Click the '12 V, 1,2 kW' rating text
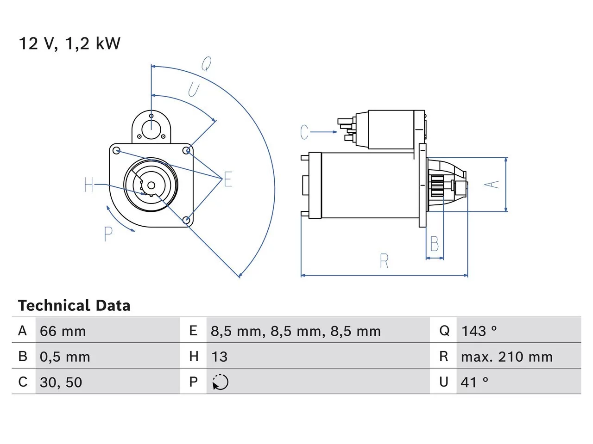click(x=69, y=43)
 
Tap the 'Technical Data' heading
click(x=74, y=306)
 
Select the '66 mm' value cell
click(x=63, y=331)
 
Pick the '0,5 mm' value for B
click(x=65, y=357)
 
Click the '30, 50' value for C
click(x=61, y=382)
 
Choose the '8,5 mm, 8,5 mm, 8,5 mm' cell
click(x=296, y=331)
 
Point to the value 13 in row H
click(x=219, y=357)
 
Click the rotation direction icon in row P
click(x=220, y=382)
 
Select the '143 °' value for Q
click(x=479, y=331)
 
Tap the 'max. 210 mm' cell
click(x=506, y=357)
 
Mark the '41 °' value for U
click(x=474, y=382)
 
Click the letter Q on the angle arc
click(x=207, y=64)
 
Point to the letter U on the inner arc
click(x=194, y=90)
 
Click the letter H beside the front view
click(x=89, y=185)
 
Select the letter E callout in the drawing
click(x=228, y=179)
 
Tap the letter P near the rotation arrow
click(x=108, y=234)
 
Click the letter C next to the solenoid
click(x=304, y=132)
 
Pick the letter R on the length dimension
click(x=384, y=261)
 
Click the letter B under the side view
click(x=435, y=244)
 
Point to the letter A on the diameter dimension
click(x=492, y=185)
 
